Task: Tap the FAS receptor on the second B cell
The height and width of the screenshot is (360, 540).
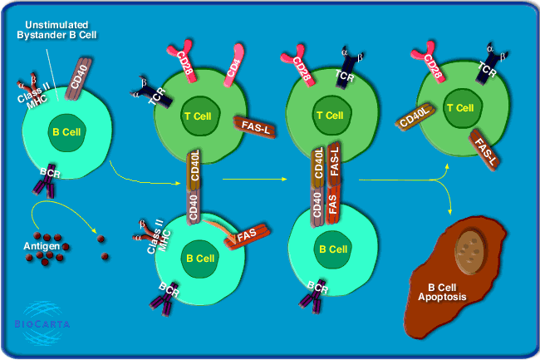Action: (246, 236)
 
